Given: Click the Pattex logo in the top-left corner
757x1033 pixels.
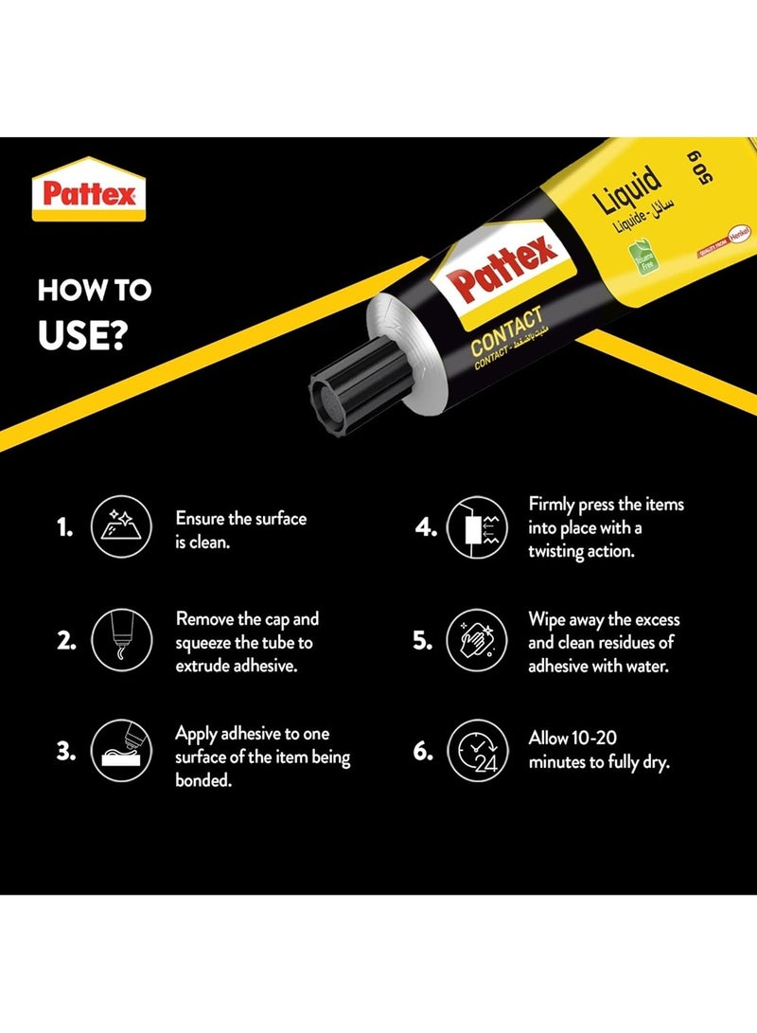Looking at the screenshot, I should click(x=89, y=190).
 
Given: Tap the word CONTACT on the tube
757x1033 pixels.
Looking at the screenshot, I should click(x=507, y=330).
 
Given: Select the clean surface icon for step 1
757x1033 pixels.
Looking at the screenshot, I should click(x=120, y=527).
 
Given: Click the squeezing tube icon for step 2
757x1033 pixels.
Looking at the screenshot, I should click(x=120, y=640).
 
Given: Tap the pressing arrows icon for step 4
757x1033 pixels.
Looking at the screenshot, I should click(x=477, y=527).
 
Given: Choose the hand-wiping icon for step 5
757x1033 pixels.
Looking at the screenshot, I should click(x=477, y=640).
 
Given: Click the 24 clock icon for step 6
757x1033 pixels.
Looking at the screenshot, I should click(x=477, y=751).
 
